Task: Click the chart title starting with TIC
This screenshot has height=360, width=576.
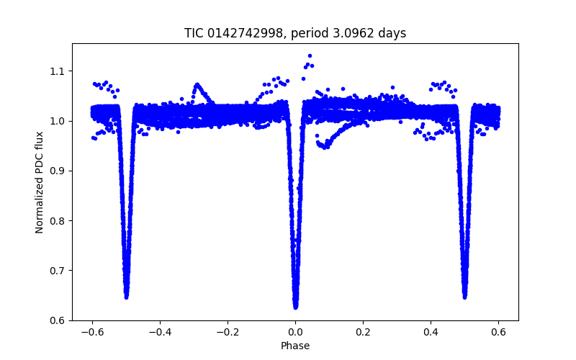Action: coord(295,33)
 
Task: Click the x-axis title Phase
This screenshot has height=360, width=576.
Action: coord(295,346)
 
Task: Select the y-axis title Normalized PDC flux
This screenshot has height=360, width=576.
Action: coord(40,182)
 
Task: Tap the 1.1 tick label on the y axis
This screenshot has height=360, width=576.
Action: coord(56,71)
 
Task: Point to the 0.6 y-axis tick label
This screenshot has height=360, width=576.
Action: coord(56,320)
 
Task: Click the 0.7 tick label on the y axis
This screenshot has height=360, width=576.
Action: coord(56,271)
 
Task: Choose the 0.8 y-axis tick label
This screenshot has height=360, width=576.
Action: coord(56,221)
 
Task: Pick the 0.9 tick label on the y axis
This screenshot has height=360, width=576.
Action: coord(56,171)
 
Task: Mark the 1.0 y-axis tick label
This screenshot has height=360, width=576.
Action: coord(56,121)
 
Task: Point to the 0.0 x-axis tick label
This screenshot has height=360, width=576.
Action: coord(295,332)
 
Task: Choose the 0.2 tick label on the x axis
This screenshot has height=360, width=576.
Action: coord(363,332)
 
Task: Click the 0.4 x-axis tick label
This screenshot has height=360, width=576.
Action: coord(431,332)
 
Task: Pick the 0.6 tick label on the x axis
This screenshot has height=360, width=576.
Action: coord(498,332)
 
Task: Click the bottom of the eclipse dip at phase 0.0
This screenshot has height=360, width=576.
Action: coord(295,306)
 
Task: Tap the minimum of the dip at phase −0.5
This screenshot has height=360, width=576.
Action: coord(126,296)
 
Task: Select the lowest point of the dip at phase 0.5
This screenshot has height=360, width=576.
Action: coord(464,296)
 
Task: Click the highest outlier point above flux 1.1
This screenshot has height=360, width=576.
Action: coord(310,55)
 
